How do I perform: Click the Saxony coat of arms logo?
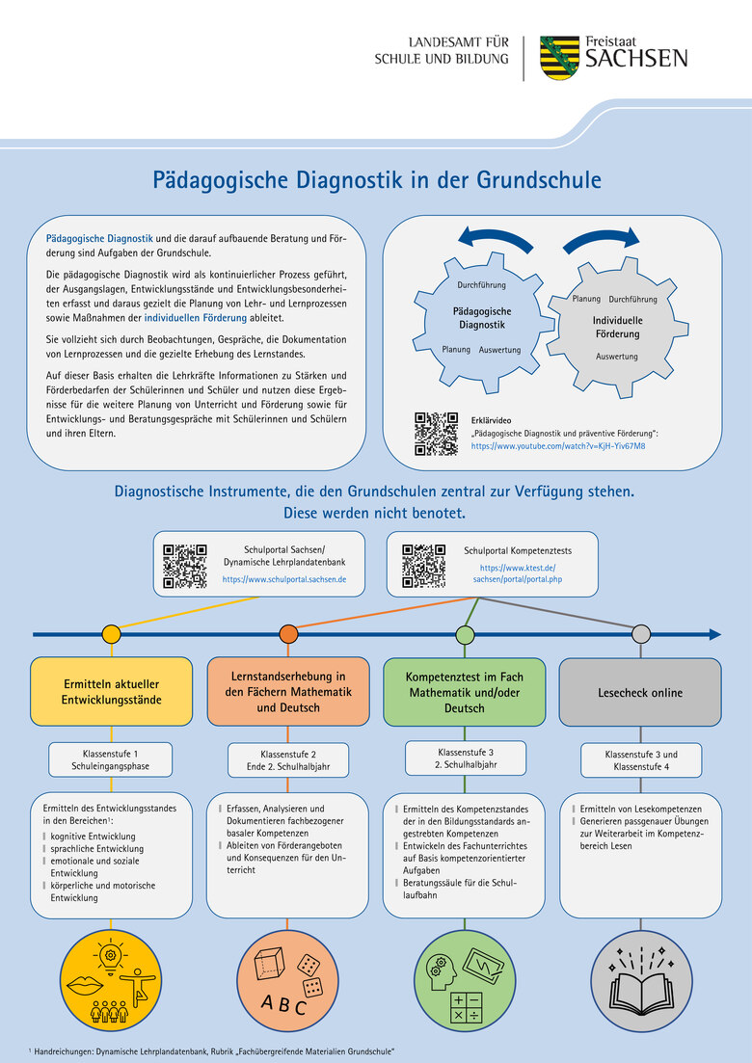[559, 58]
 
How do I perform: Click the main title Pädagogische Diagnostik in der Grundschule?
[376, 180]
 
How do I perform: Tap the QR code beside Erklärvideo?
[436, 434]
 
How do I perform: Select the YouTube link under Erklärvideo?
[558, 447]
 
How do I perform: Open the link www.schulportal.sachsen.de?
[283, 580]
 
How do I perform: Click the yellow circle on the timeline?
[112, 634]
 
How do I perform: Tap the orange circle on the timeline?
[288, 634]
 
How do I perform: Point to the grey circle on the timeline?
[640, 634]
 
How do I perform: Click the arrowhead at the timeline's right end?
[714, 634]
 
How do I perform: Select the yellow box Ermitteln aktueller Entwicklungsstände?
[112, 692]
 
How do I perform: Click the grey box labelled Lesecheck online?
[640, 692]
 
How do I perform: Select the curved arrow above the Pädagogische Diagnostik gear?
[494, 240]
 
